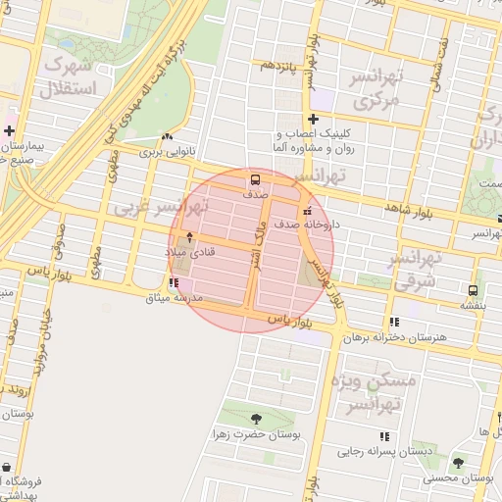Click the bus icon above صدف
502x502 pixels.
255,179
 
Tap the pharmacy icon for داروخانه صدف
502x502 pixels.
309,211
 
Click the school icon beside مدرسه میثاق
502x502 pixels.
174,283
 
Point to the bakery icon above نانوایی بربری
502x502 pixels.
167,137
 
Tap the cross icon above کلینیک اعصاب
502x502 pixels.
313,120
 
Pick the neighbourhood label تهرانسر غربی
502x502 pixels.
162,208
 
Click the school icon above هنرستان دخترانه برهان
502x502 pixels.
394,322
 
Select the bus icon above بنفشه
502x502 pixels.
474,291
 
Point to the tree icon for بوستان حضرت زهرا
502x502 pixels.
257,418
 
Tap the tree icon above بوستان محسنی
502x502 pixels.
457,462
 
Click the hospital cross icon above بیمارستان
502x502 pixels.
9,130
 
